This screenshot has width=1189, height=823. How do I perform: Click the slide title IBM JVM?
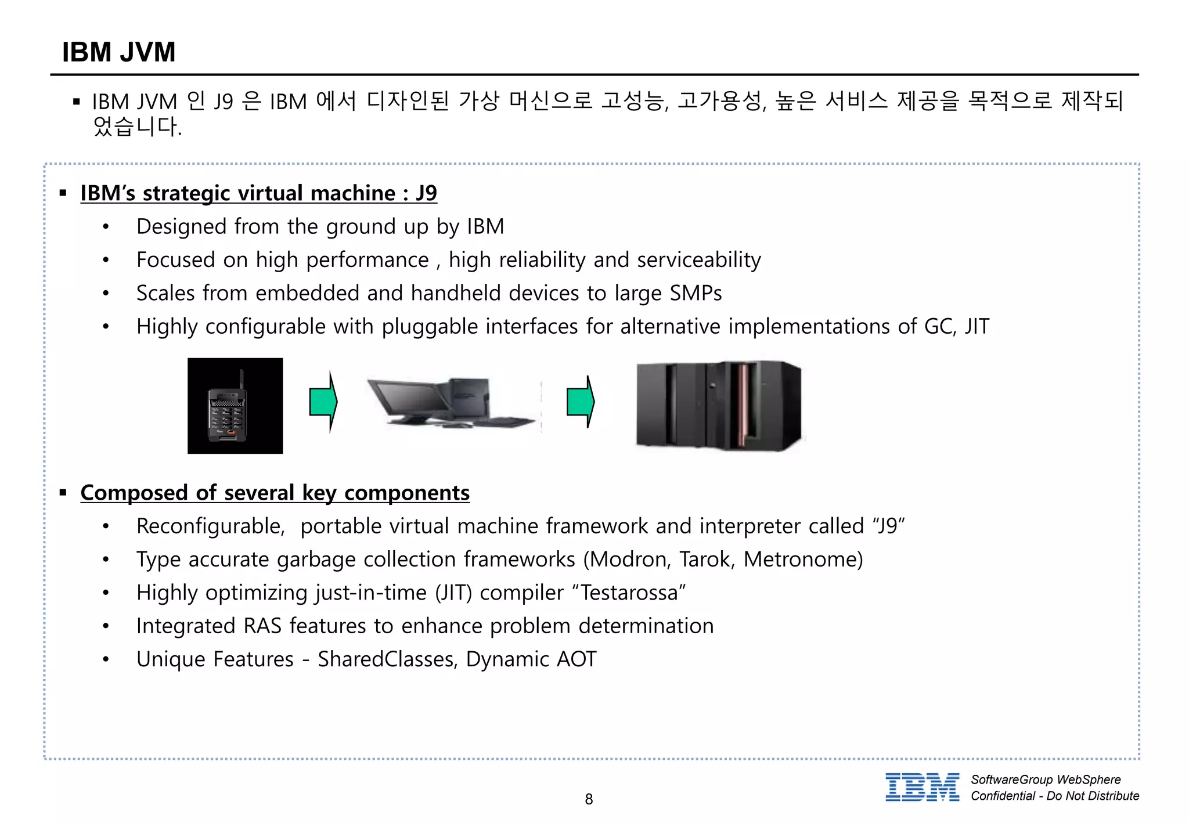(x=118, y=52)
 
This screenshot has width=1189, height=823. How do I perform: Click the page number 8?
(x=589, y=799)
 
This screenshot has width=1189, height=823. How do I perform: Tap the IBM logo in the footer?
(x=922, y=788)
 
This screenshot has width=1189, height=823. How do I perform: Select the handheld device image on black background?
(x=235, y=406)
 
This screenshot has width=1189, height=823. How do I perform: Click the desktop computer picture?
(x=450, y=403)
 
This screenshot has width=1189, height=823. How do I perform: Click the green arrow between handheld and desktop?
(x=323, y=402)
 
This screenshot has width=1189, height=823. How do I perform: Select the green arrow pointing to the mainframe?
(x=581, y=402)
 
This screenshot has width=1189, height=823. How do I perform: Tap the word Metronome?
(x=803, y=560)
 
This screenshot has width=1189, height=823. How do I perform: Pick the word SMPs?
(x=696, y=293)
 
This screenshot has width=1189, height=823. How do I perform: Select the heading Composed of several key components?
(x=275, y=493)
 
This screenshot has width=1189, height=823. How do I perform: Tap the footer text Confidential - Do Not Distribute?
(x=1055, y=796)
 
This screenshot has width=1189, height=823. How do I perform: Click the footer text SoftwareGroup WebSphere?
(x=1046, y=779)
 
